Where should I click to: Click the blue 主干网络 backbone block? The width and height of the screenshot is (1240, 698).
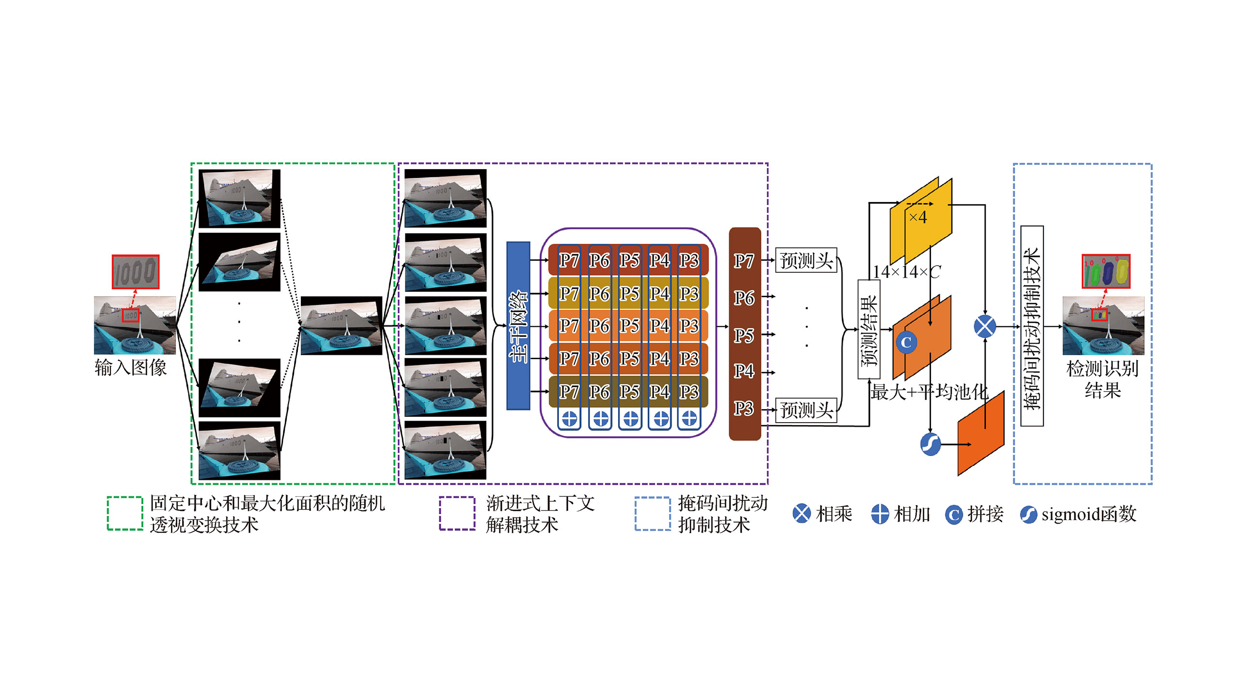coord(518,326)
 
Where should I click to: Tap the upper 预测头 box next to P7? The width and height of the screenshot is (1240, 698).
coord(806,260)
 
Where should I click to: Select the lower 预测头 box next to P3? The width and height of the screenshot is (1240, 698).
coord(806,410)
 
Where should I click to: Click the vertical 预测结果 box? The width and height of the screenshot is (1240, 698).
coord(869,329)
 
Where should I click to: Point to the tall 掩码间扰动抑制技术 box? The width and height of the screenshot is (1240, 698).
coord(1032,326)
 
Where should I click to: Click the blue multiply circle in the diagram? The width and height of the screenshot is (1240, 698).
coord(985,326)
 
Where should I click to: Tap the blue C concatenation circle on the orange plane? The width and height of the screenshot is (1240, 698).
coord(906,342)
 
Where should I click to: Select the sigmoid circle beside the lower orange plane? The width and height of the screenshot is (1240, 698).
coord(930,444)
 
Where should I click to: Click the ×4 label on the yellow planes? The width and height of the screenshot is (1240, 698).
coord(918,217)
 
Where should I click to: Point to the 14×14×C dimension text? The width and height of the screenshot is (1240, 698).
coord(907,272)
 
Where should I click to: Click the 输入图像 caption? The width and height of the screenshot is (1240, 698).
coord(130,367)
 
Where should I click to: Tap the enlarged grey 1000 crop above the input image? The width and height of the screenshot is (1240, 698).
coord(136,271)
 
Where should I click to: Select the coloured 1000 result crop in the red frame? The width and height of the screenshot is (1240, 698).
coord(1106,271)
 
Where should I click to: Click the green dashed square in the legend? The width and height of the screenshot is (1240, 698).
coord(125,513)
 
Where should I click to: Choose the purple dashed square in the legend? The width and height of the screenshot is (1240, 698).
coord(457,513)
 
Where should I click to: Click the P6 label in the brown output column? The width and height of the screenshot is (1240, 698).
coord(744,298)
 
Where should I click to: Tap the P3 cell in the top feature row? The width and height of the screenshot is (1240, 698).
coord(689,261)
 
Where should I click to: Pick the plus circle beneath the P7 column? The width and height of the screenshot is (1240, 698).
coord(570,418)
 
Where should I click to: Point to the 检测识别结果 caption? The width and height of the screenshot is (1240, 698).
coord(1102,379)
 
